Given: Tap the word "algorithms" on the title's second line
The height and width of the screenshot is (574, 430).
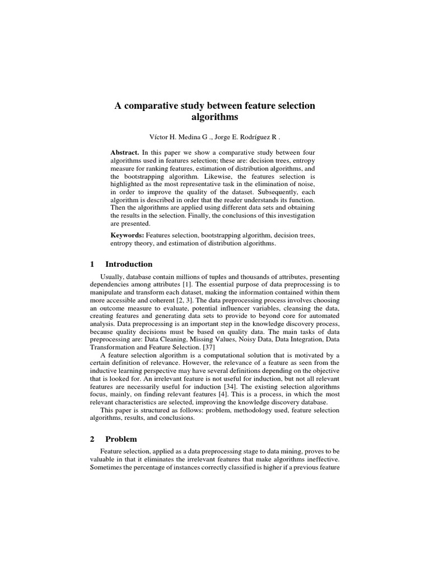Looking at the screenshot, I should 214,118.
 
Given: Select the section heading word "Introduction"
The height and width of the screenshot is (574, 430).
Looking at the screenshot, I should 129,264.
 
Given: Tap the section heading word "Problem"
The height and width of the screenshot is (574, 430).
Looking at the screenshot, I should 121,439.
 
